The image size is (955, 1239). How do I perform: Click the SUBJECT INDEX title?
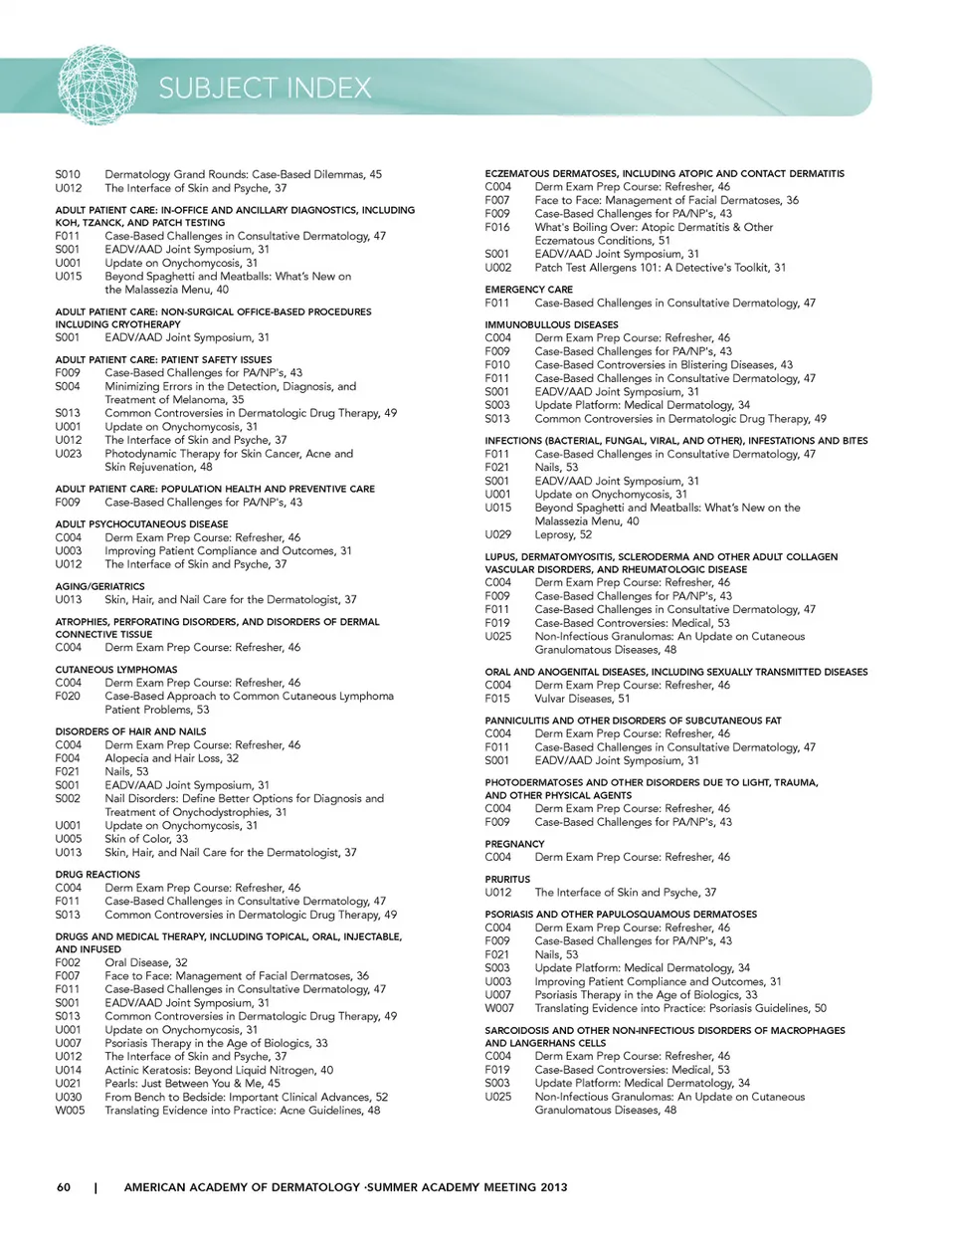pyautogui.click(x=265, y=89)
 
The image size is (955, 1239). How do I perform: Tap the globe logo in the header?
pyautogui.click(x=97, y=87)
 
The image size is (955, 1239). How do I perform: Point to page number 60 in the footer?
pyautogui.click(x=64, y=1186)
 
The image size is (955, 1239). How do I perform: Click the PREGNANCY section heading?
pyautogui.click(x=514, y=844)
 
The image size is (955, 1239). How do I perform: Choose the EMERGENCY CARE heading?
pyautogui.click(x=528, y=290)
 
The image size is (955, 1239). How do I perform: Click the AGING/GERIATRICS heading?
pyautogui.click(x=99, y=586)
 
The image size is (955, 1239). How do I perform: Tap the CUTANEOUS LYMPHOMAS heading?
pyautogui.click(x=116, y=670)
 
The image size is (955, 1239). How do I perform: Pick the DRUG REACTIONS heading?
pyautogui.click(x=97, y=874)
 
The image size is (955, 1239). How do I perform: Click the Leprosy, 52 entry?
pyautogui.click(x=563, y=534)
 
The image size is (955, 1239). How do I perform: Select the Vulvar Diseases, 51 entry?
pyautogui.click(x=582, y=699)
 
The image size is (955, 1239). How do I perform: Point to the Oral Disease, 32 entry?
pyautogui.click(x=146, y=962)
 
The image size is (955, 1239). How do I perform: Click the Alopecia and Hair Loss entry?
pyautogui.click(x=172, y=757)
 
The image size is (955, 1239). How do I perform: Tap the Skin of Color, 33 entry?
pyautogui.click(x=146, y=839)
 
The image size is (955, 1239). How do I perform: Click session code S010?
pyautogui.click(x=68, y=174)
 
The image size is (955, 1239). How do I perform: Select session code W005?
pyautogui.click(x=70, y=1111)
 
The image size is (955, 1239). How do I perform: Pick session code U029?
pyautogui.click(x=498, y=534)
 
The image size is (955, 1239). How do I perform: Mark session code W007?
pyautogui.click(x=499, y=1008)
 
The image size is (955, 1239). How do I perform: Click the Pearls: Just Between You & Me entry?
pyautogui.click(x=193, y=1084)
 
